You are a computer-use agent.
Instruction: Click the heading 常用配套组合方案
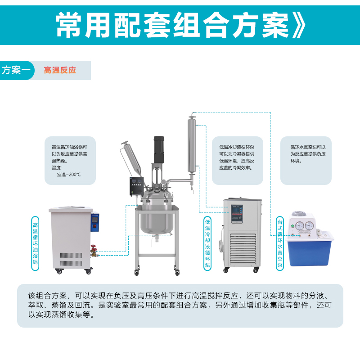coord(172,25)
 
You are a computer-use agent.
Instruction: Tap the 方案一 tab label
coord(16,70)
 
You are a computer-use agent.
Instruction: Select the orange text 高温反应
coord(60,70)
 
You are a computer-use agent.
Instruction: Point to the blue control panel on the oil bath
coord(95,222)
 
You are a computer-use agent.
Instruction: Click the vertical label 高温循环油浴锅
coord(35,243)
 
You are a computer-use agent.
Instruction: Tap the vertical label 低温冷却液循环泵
coord(207,243)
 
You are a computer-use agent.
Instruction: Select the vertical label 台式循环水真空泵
coord(280,243)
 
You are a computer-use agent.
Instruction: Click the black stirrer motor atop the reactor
coord(159,150)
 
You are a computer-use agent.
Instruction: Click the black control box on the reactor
coord(137,186)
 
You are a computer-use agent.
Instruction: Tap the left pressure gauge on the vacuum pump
coord(300,226)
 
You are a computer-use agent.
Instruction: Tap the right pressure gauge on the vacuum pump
coord(309,226)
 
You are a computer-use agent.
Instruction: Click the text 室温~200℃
coord(69,175)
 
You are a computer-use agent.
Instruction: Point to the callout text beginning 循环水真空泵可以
coord(308,154)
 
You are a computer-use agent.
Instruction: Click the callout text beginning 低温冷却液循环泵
coord(237,157)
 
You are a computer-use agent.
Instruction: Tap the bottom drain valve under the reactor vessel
coord(157,238)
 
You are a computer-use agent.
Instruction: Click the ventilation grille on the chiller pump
coord(243,249)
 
